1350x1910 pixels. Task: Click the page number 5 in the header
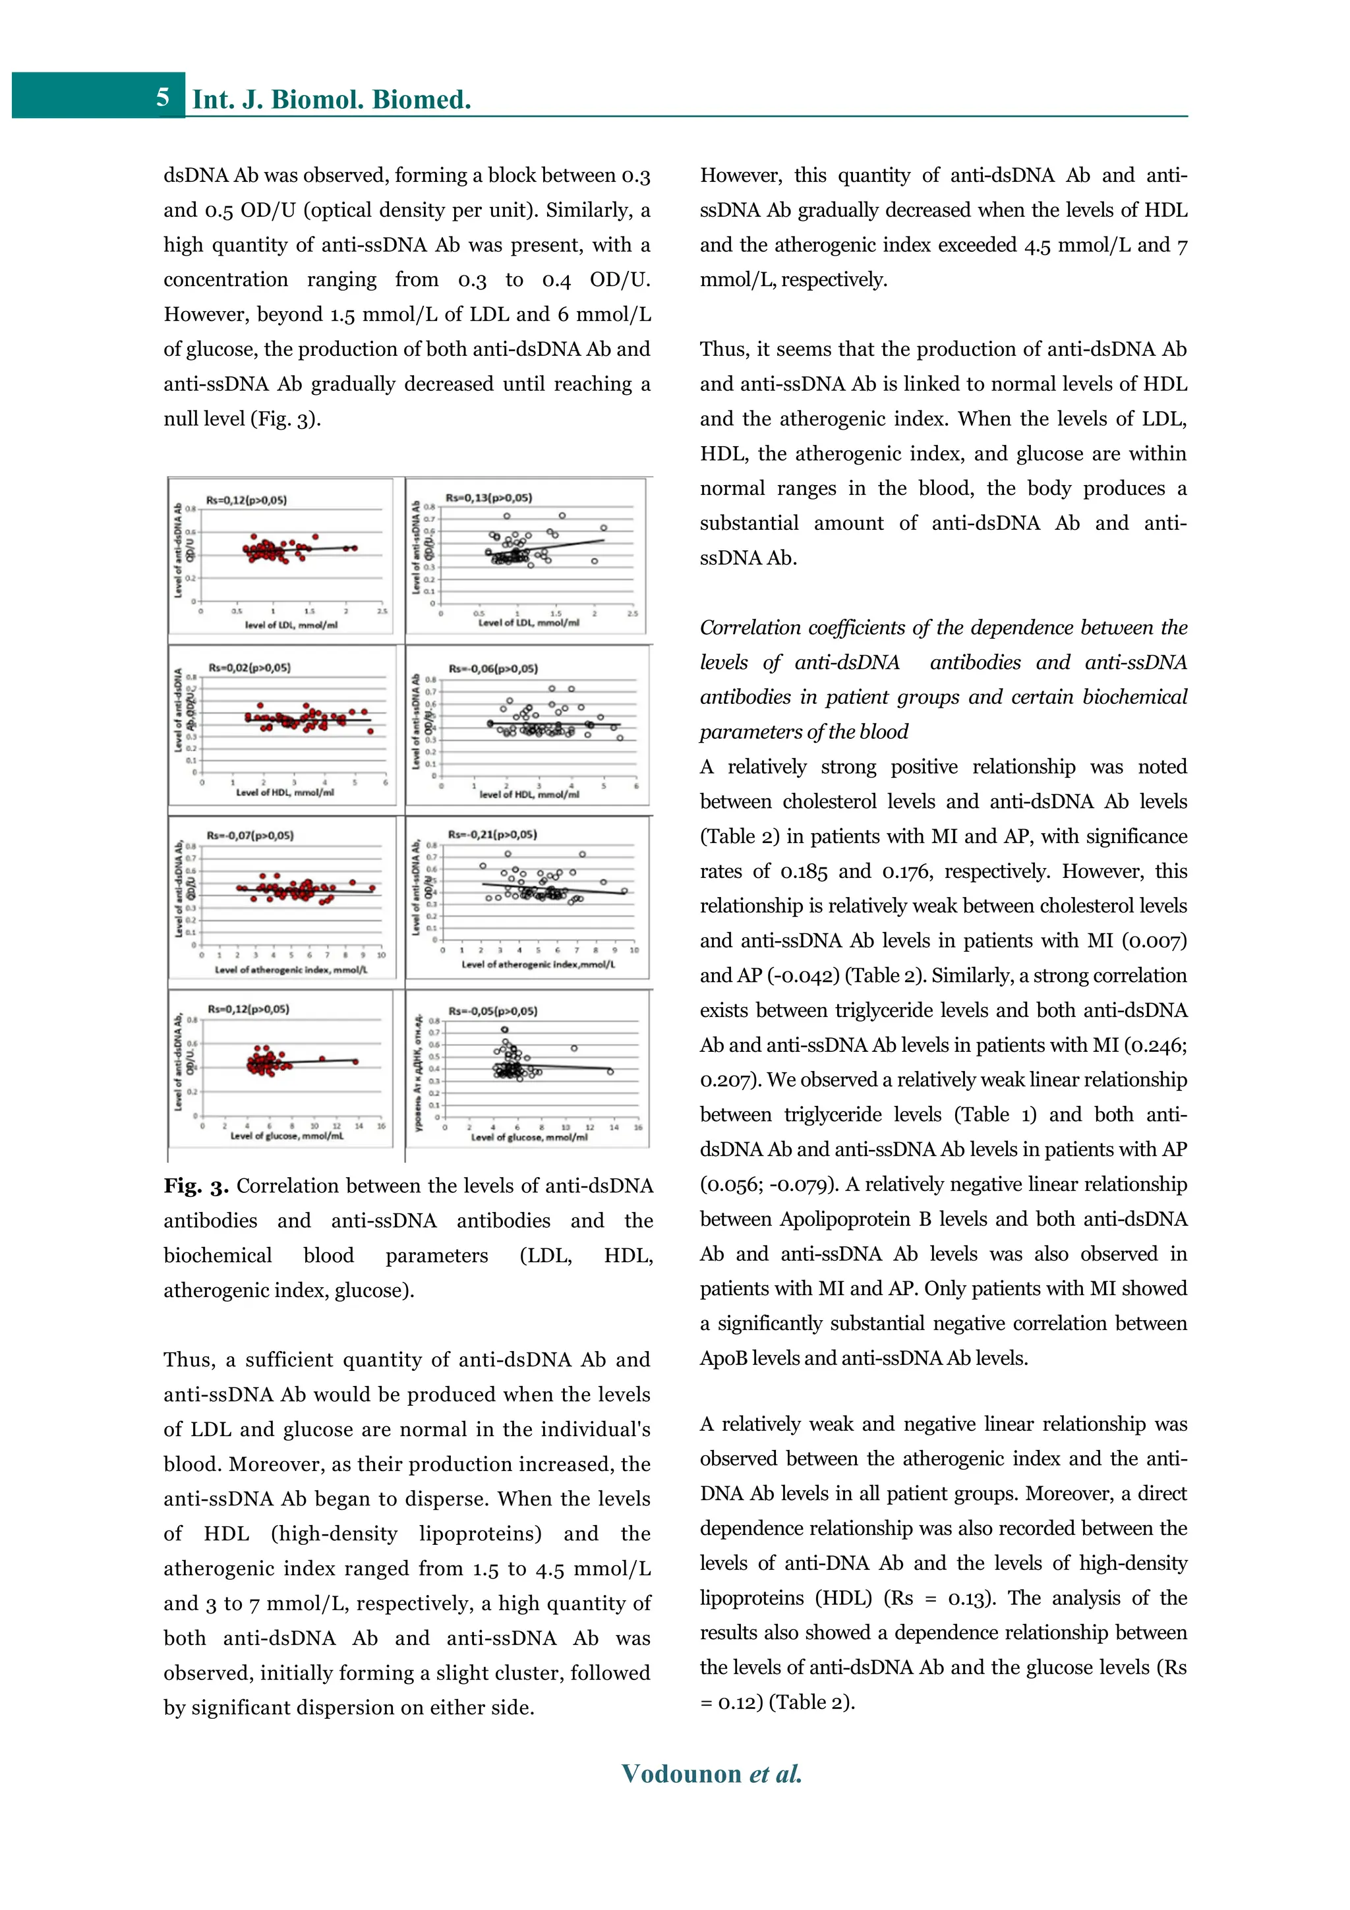pos(163,98)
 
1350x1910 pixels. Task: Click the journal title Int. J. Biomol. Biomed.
pos(331,100)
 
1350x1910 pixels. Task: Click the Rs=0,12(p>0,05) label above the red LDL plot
pos(247,500)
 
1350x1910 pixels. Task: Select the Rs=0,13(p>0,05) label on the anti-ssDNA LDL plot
pos(488,498)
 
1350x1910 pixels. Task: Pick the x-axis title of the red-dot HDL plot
pos(285,793)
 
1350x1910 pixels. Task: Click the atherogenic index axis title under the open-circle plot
pos(538,964)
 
